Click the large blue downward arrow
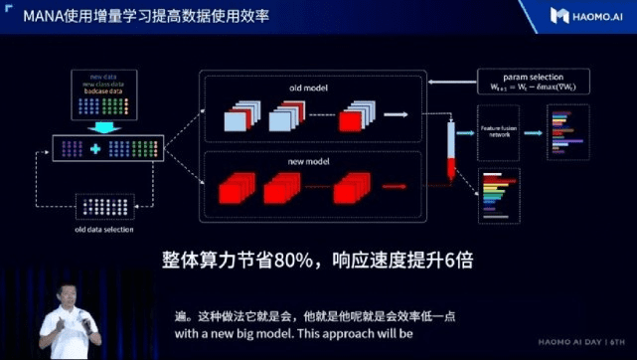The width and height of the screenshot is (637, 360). pos(105,126)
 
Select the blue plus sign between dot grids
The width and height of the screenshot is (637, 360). pos(95,149)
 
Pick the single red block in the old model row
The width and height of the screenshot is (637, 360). pos(352,121)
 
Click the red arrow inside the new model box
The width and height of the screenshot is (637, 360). pos(395,186)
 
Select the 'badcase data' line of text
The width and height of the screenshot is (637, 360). pos(107,90)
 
